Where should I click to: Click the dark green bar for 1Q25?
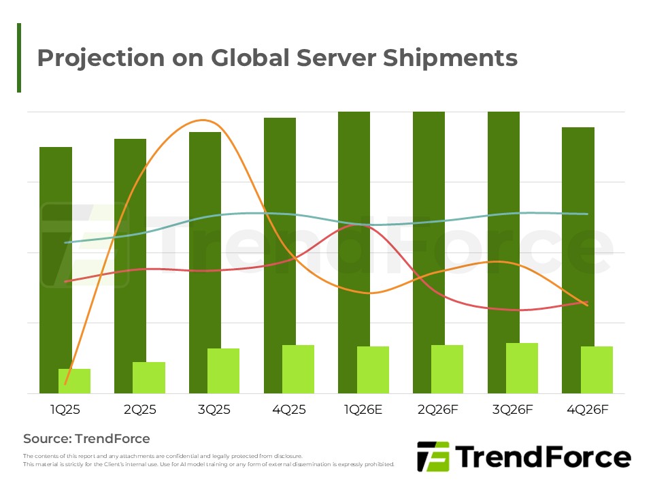[56, 259]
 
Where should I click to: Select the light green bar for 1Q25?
[74, 381]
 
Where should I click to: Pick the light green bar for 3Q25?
[223, 371]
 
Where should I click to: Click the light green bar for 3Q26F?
[522, 368]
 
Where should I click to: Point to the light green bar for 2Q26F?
[447, 369]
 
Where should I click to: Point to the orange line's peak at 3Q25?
[203, 120]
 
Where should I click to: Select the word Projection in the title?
[101, 59]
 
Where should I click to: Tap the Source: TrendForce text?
[86, 438]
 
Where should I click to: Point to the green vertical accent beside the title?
[19, 58]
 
